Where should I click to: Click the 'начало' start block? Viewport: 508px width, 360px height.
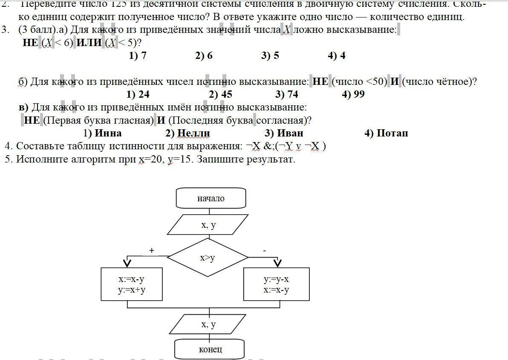point(211,198)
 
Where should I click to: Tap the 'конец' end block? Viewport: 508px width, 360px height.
point(210,349)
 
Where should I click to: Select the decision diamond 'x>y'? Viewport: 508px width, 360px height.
point(208,258)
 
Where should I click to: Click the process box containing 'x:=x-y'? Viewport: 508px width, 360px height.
point(132,285)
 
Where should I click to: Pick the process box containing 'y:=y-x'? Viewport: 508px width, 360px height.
point(276,285)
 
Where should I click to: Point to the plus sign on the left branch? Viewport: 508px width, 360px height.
point(152,251)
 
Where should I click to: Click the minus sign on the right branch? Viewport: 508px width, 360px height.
point(265,251)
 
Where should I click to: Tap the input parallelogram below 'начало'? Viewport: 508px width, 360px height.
point(208,225)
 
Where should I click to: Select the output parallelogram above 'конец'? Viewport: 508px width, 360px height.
point(208,325)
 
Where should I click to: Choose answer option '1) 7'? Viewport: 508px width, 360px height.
point(138,55)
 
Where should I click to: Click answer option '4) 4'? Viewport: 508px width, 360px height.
point(337,55)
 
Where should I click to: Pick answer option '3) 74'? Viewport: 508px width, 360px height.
point(287,94)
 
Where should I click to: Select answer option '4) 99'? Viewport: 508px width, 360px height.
point(353,94)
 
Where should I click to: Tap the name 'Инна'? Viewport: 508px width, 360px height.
point(108,133)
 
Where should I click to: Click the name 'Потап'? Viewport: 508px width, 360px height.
point(392,133)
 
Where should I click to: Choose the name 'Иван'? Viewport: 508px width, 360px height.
point(290,133)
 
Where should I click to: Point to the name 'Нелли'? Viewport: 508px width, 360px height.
point(193,133)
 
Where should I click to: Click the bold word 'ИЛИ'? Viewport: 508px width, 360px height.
point(89,43)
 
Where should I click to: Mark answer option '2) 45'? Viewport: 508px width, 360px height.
point(221,94)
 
